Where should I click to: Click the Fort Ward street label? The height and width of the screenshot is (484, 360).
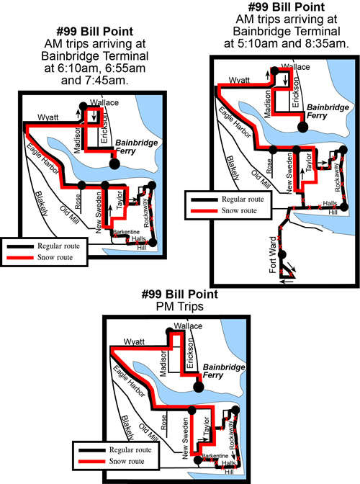273,255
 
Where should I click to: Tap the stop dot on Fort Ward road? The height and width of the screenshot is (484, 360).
282,255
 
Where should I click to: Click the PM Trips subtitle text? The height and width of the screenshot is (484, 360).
180,307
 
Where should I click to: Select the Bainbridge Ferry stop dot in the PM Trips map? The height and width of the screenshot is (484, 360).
199,387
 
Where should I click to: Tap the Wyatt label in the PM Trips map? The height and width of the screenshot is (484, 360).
134,341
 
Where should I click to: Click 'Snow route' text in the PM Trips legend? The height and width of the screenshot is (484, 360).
127,461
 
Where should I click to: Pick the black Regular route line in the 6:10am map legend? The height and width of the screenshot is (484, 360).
20,246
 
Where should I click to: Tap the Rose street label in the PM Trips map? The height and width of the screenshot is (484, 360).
163,422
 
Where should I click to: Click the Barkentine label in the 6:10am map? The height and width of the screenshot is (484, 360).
126,232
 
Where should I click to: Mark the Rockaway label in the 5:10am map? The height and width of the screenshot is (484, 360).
337,177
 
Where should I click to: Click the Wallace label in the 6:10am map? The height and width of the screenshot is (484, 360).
104,102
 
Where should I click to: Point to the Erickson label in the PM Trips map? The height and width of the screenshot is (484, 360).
189,353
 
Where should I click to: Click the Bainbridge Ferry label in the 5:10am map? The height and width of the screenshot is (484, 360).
328,112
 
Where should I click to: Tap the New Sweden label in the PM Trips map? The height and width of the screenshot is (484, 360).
185,438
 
